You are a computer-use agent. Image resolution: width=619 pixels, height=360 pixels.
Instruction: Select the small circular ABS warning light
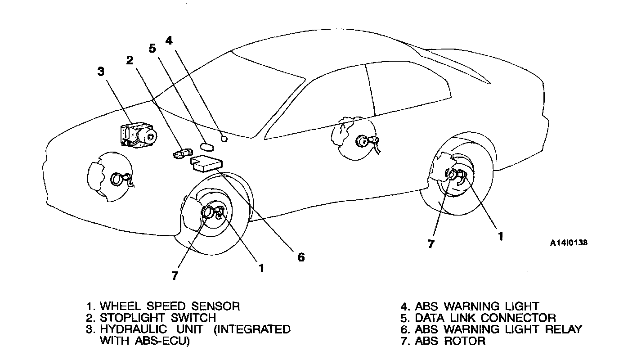(x=224, y=138)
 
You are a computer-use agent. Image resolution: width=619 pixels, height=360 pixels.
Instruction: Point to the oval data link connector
(x=208, y=146)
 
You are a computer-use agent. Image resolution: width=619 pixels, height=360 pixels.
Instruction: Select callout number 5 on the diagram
(x=152, y=48)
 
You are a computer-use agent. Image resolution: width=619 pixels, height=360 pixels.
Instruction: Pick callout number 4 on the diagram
(x=169, y=40)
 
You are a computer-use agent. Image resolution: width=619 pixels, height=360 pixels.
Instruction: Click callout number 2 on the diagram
(x=130, y=60)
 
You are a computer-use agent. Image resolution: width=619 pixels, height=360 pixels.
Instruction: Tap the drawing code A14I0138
(x=569, y=243)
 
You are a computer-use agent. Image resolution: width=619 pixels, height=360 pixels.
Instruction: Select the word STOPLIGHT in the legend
(x=129, y=318)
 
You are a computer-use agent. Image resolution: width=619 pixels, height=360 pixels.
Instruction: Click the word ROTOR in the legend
(x=465, y=341)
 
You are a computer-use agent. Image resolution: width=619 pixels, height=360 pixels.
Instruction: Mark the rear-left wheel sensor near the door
(x=363, y=141)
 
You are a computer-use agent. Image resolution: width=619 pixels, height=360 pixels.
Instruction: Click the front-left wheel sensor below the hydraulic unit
(x=118, y=179)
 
